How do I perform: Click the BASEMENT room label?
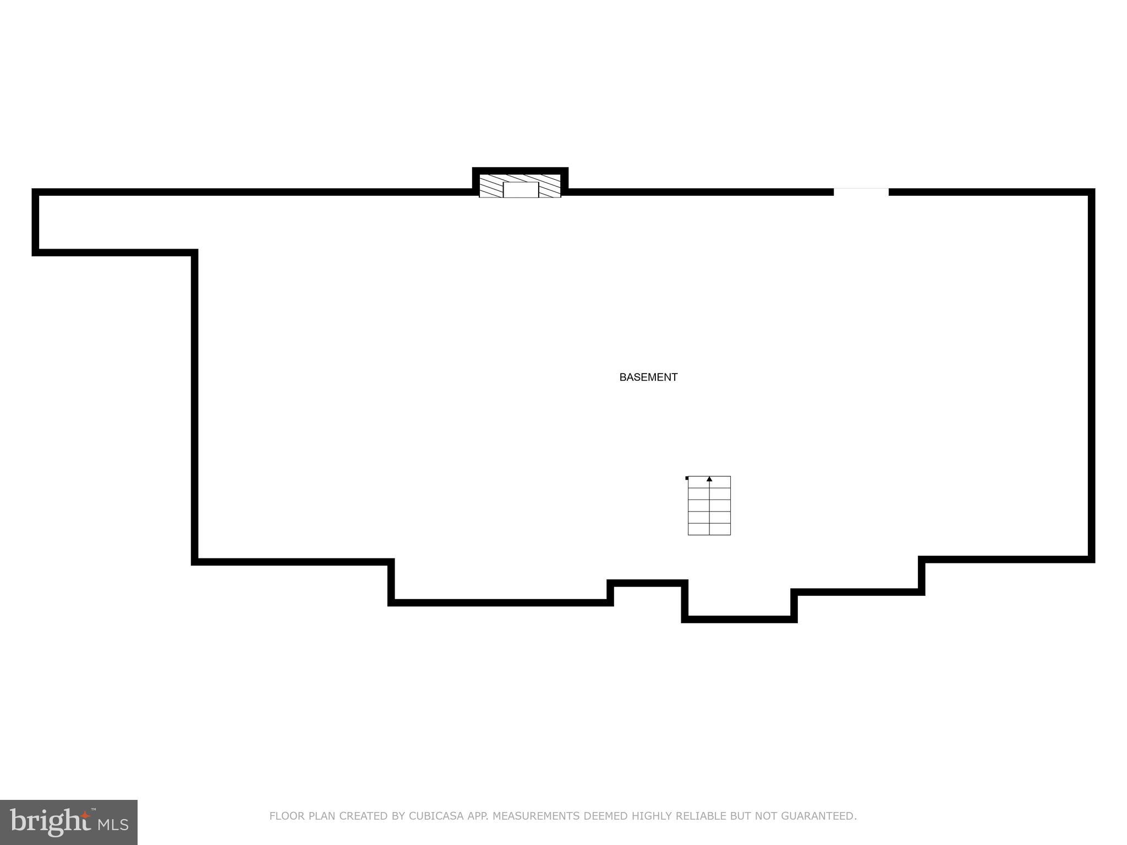pos(648,377)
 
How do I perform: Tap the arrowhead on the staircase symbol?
pos(709,479)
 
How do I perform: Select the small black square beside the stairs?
pos(687,478)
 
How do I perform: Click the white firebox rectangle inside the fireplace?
pos(521,190)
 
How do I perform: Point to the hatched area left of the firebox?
pos(491,186)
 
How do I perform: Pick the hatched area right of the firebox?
pos(550,186)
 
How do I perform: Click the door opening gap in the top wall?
pos(861,191)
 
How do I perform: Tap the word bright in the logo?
pos(50,821)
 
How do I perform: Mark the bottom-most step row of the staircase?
pos(709,529)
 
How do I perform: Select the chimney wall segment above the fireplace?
pos(520,171)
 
